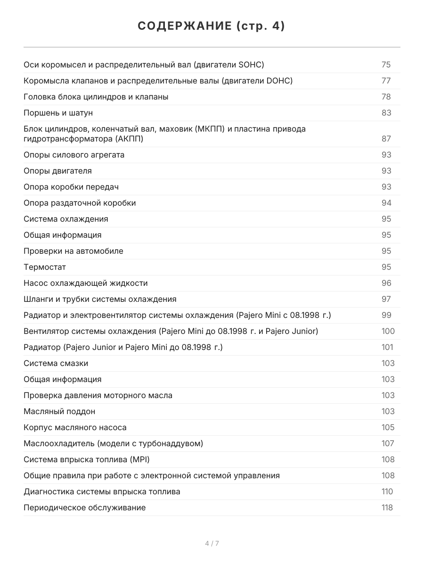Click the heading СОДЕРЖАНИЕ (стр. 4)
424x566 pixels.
point(212,26)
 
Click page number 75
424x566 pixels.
point(386,65)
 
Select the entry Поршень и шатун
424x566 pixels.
point(58,113)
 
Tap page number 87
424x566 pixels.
point(386,139)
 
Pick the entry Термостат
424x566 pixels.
point(45,267)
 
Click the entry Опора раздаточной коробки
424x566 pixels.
point(80,203)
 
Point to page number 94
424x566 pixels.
point(386,203)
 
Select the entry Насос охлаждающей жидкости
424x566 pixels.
point(86,283)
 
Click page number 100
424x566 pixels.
point(388,331)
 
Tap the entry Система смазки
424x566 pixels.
point(56,363)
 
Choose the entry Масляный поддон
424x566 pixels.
point(59,411)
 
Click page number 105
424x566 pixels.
point(388,427)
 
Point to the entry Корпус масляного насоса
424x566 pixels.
point(75,427)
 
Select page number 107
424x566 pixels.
point(388,443)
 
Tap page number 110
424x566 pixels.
point(387,491)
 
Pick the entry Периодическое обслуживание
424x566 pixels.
point(85,508)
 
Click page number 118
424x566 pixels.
point(387,508)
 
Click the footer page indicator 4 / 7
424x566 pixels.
point(212,543)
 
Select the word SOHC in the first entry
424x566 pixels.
point(250,65)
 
